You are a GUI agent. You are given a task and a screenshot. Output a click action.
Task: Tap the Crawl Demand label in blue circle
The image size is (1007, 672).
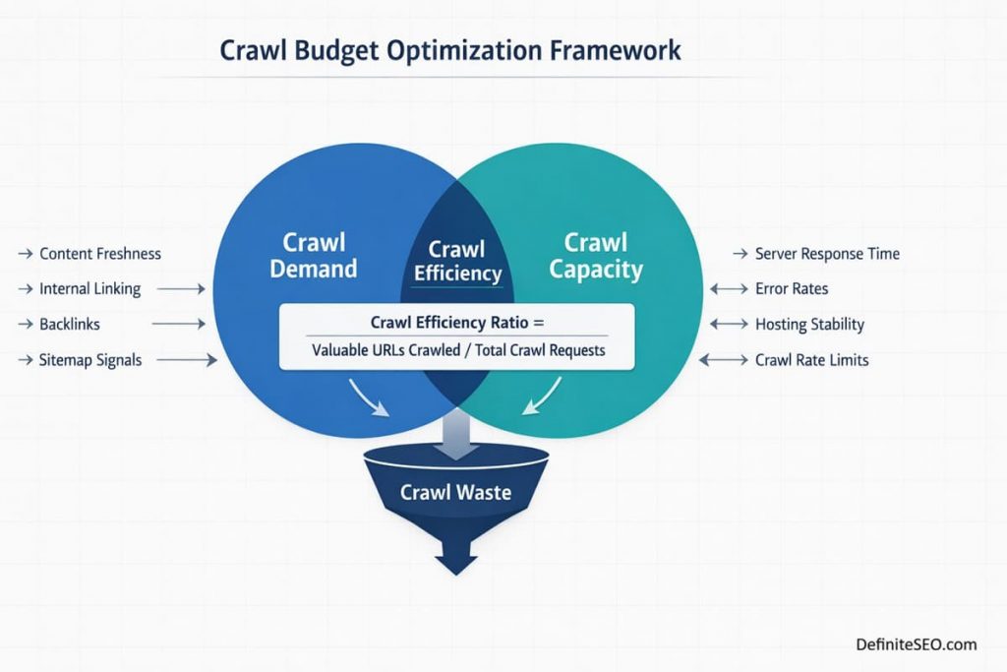(320, 255)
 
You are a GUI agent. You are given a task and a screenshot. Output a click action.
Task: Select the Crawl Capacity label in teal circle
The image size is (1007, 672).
(596, 255)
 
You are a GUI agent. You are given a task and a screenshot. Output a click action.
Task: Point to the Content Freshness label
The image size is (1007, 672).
(99, 254)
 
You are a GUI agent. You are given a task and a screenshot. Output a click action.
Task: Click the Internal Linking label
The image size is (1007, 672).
(89, 289)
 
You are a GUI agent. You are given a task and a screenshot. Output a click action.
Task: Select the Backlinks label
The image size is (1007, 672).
(69, 324)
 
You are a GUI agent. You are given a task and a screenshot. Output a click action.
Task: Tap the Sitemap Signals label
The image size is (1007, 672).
(90, 360)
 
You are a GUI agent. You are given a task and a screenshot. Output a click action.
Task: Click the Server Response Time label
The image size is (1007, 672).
(826, 254)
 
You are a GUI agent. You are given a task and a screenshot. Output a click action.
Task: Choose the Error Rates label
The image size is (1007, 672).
(791, 289)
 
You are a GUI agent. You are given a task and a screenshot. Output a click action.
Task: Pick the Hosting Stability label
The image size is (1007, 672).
(808, 324)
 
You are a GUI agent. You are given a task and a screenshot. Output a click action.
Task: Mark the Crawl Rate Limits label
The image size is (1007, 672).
(811, 360)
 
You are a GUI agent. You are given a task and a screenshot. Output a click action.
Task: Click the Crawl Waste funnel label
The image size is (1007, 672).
(455, 491)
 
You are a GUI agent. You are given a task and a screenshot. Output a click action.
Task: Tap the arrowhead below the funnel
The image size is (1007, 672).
(455, 564)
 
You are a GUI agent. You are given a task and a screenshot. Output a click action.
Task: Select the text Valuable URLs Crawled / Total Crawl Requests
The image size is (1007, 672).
(458, 349)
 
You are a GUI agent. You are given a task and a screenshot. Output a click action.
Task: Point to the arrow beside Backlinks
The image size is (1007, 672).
(180, 324)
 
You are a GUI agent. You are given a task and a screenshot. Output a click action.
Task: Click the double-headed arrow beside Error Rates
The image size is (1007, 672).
(728, 289)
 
